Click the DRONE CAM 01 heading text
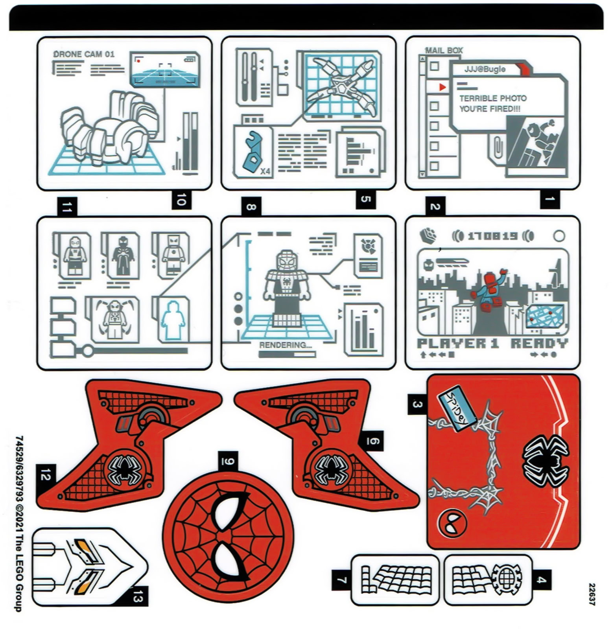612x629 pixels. (x=84, y=54)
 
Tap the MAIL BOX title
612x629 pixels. (x=444, y=50)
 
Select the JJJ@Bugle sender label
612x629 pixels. (x=485, y=69)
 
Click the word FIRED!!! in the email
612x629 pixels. (x=505, y=109)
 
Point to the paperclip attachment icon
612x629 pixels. (x=498, y=146)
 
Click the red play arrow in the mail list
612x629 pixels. (x=442, y=87)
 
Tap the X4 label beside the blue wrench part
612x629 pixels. (x=265, y=171)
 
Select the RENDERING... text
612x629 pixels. (x=285, y=345)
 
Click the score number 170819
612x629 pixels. (x=492, y=236)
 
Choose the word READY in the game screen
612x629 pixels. (x=539, y=344)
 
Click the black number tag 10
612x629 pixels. (x=181, y=200)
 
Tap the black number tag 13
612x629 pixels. (x=136, y=599)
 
